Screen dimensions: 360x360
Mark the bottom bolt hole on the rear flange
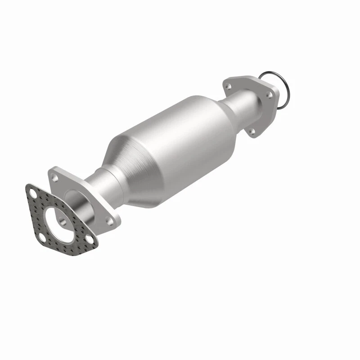coord(252,131)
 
